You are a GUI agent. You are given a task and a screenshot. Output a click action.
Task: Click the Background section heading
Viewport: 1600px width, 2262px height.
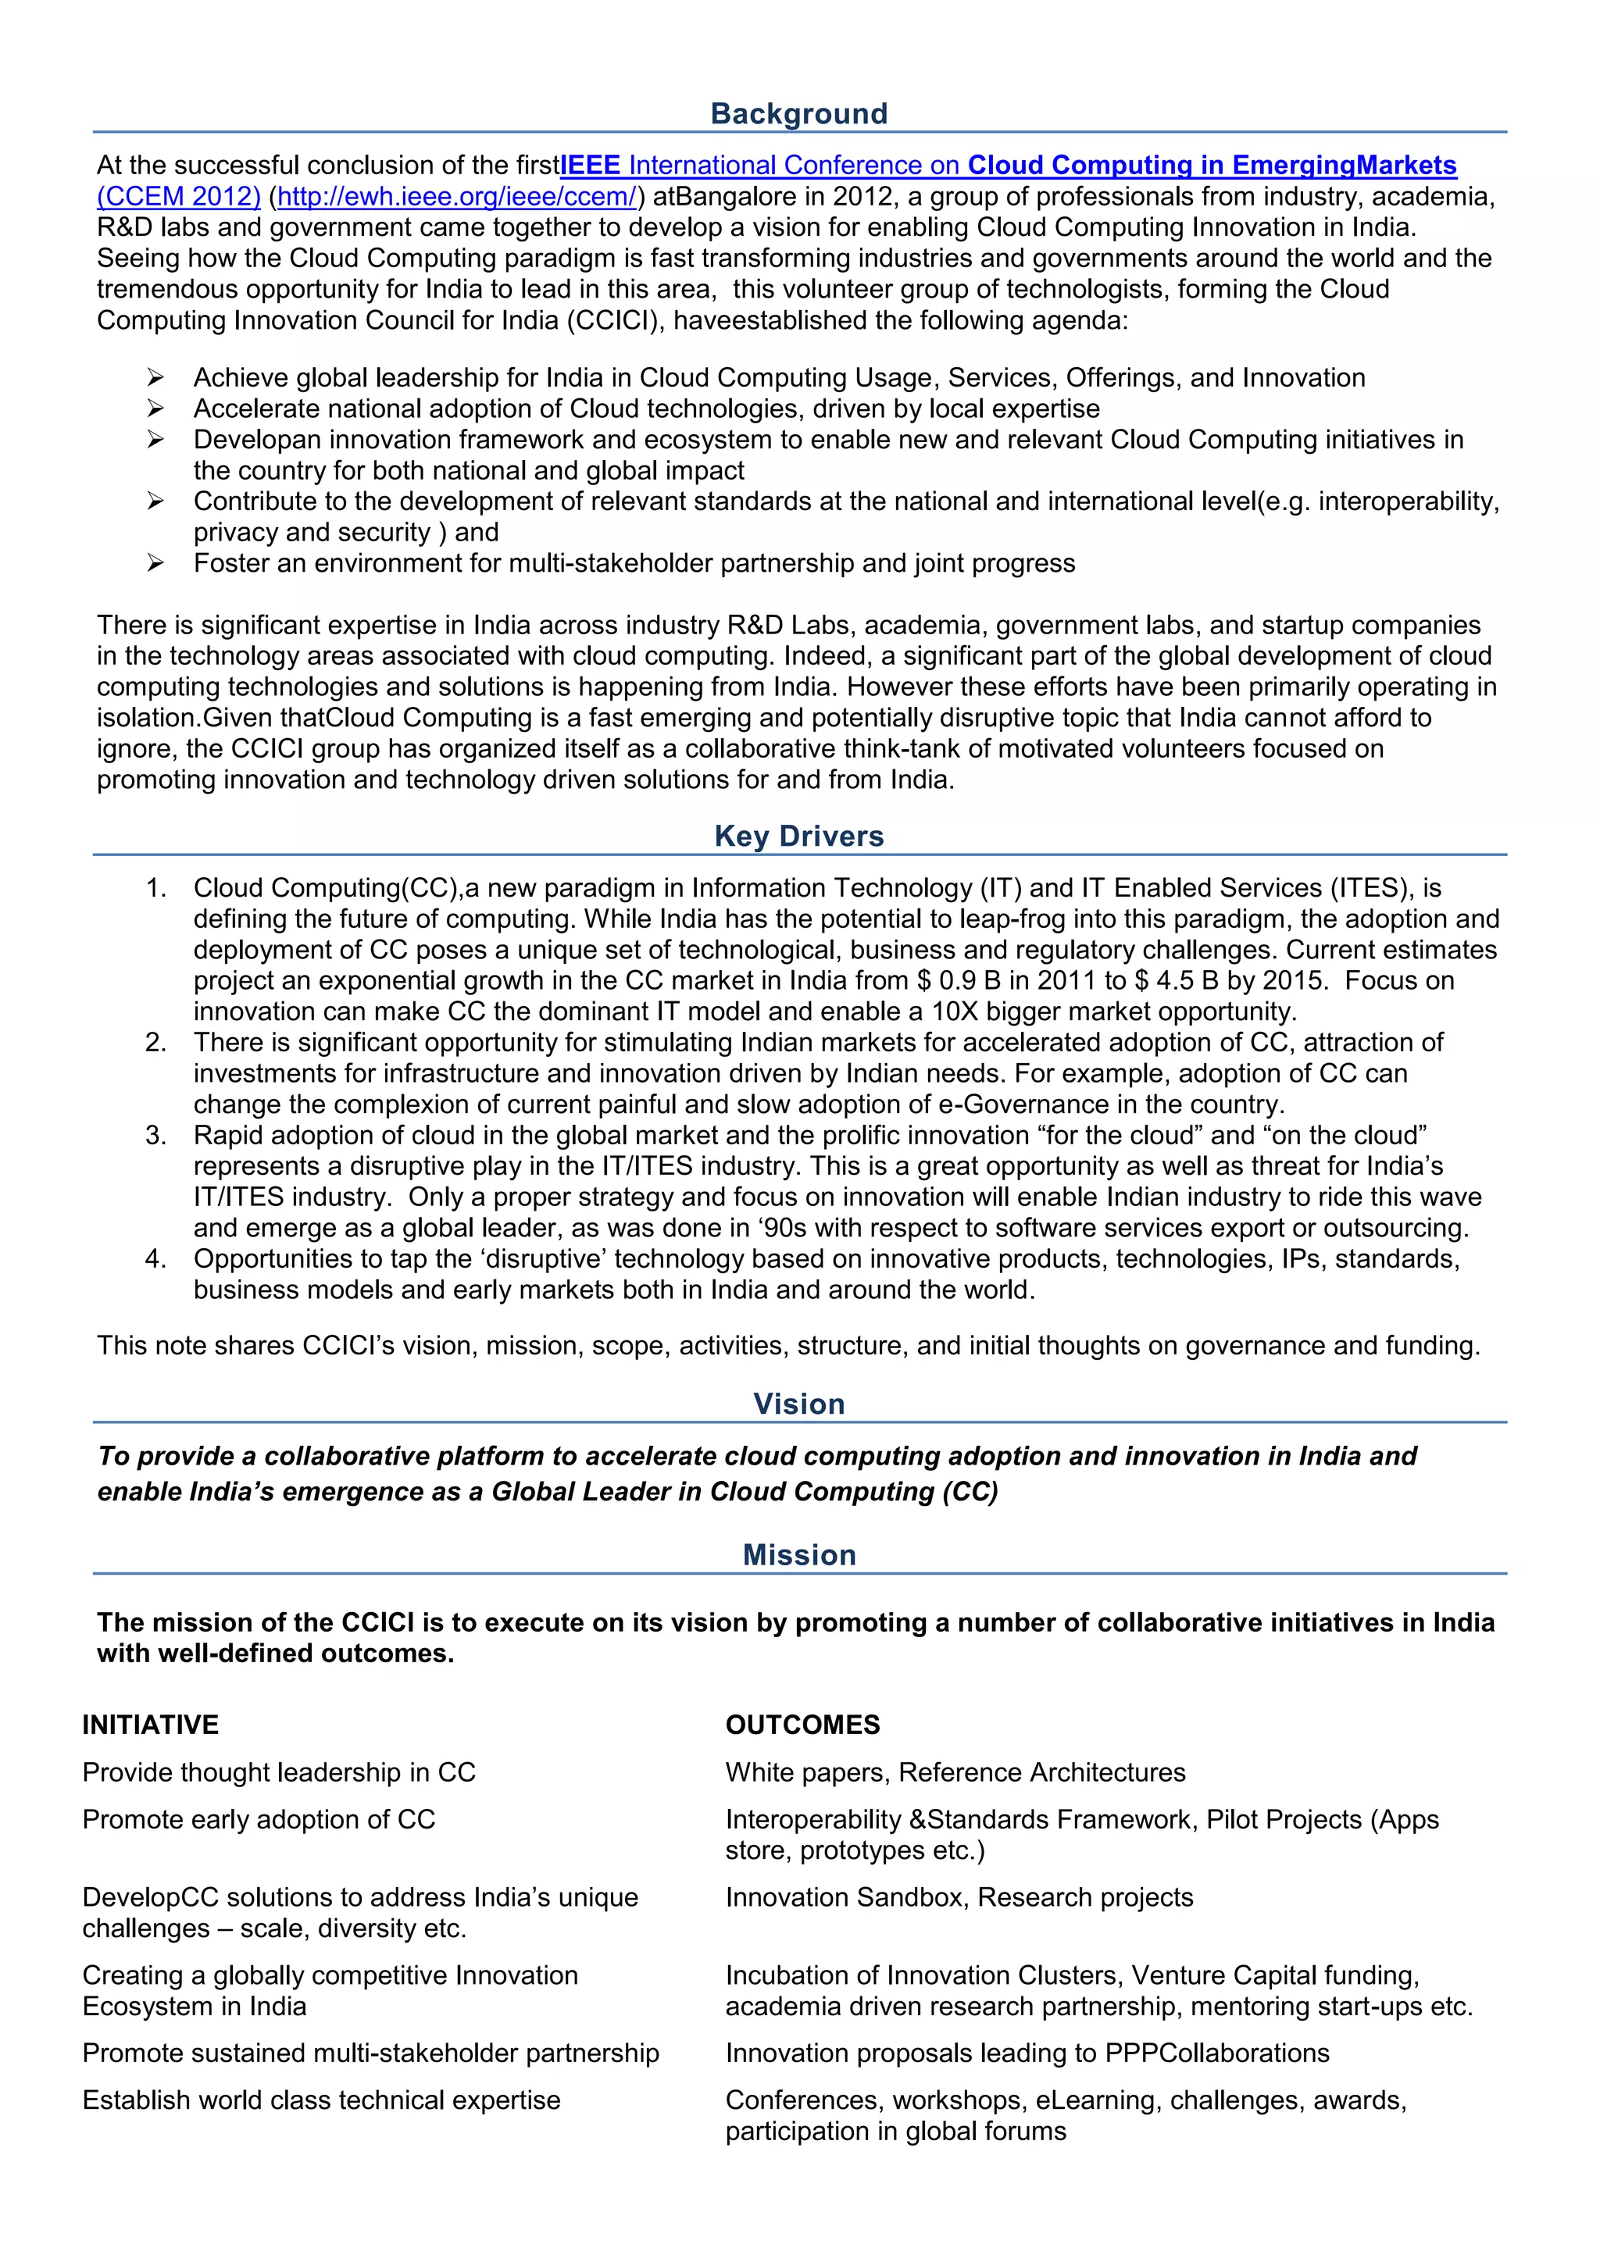pos(799,113)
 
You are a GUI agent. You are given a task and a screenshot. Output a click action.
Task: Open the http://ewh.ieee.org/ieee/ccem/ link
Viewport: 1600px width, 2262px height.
pos(457,196)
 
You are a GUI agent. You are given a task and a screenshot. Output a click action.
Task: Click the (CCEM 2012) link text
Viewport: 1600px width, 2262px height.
pos(178,196)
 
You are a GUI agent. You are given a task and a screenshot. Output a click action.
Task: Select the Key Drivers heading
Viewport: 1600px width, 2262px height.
pos(799,836)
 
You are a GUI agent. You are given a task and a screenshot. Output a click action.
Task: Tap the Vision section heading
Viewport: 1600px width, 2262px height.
pos(799,1403)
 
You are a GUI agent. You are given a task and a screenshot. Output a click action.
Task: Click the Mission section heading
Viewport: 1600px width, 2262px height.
pos(799,1554)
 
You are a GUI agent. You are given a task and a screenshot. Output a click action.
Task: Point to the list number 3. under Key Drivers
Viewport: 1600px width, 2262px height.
pos(155,1135)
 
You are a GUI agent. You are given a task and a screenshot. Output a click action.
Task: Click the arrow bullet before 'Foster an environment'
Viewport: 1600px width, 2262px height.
pos(155,562)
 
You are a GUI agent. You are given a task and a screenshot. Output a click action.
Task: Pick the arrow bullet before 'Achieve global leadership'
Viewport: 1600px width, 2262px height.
pos(155,377)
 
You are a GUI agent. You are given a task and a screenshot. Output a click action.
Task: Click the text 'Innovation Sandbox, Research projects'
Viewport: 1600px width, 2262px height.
pos(959,1896)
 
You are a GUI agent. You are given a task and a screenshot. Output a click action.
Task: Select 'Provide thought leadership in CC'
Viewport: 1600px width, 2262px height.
pos(279,1771)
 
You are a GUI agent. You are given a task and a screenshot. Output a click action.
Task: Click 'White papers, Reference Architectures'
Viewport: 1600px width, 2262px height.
pos(955,1771)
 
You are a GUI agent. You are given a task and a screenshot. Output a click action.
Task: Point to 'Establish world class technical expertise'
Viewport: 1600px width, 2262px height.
pos(321,2100)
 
